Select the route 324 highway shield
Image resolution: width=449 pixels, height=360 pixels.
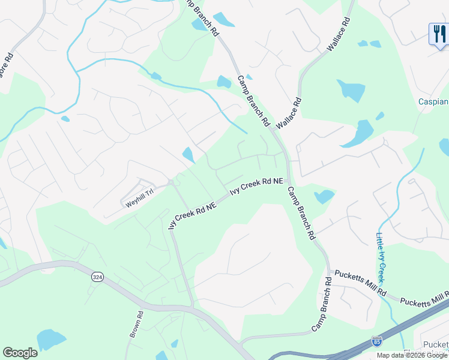click(97, 277)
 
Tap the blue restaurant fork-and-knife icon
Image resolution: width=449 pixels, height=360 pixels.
click(438, 34)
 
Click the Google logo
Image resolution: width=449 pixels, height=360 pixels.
click(20, 353)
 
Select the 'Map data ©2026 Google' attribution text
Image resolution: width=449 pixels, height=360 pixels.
click(412, 355)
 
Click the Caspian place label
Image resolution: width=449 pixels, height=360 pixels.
click(433, 102)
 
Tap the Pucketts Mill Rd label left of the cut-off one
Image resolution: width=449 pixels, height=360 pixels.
click(360, 283)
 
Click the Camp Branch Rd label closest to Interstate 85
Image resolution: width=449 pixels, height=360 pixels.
click(321, 305)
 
